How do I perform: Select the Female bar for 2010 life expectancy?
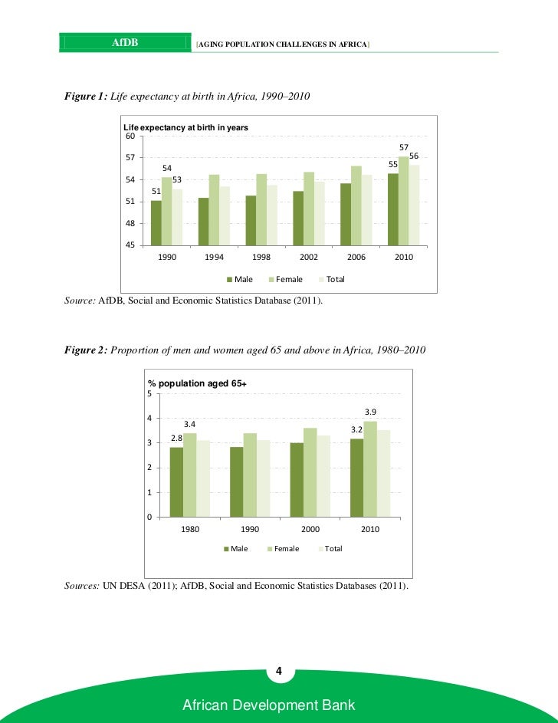point(403,201)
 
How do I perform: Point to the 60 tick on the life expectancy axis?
point(130,136)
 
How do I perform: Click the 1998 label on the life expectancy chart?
point(262,258)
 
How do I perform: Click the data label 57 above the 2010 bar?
point(404,146)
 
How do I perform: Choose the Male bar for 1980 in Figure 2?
point(176,481)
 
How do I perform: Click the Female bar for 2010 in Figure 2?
point(370,468)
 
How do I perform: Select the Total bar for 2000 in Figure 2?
point(323,476)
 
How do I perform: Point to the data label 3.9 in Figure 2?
point(370,412)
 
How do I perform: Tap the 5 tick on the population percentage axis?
point(149,394)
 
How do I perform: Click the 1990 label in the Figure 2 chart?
point(250,530)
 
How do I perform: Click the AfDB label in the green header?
point(125,42)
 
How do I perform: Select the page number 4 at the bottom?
point(279,672)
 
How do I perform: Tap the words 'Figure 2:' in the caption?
point(86,350)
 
